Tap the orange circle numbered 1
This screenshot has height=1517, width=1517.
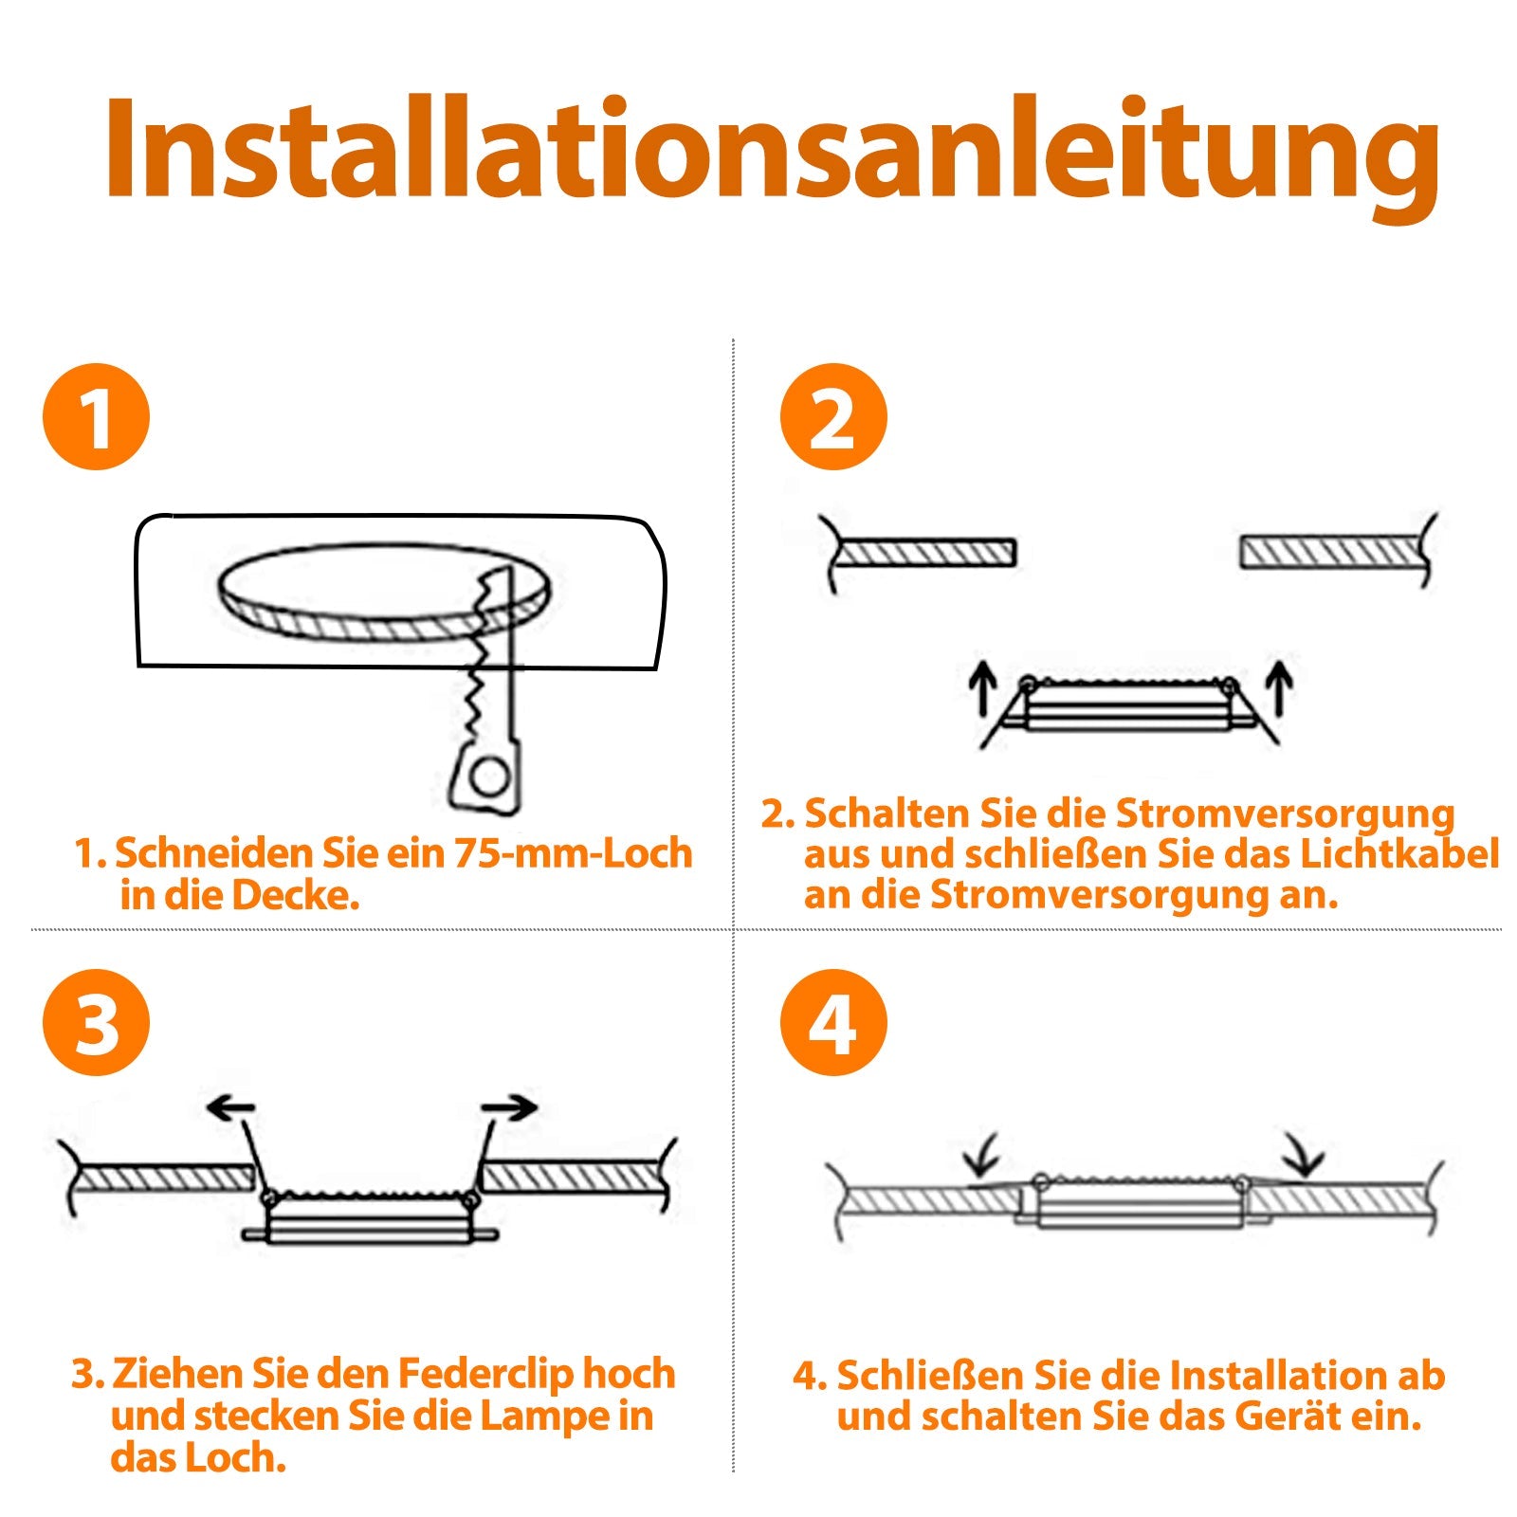(x=96, y=416)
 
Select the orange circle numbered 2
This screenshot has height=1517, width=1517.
(x=832, y=416)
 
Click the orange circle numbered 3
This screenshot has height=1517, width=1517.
(x=96, y=1022)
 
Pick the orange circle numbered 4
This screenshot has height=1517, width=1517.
(x=832, y=1022)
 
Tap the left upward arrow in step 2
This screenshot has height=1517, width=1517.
(x=982, y=687)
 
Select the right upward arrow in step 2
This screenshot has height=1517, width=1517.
(x=1280, y=687)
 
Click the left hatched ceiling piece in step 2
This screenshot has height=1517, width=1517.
(x=924, y=553)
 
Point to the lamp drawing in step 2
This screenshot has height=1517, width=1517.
(x=1128, y=706)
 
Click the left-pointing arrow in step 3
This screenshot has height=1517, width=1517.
(x=230, y=1107)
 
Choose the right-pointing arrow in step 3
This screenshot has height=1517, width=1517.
(x=509, y=1106)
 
